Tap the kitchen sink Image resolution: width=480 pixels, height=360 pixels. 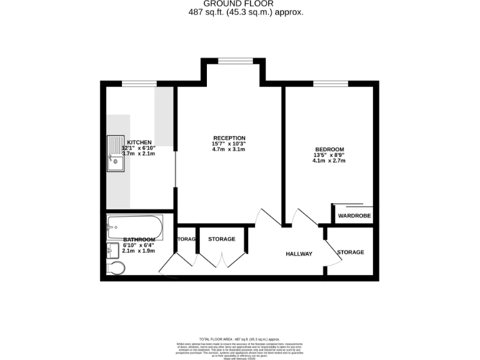[115, 154]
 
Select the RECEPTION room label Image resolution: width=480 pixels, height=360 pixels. [229, 138]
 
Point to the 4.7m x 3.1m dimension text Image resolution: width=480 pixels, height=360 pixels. [229, 149]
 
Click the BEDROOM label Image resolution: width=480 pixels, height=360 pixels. [329, 149]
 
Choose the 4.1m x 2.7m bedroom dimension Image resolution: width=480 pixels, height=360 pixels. [329, 161]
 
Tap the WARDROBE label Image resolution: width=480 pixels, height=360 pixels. [354, 216]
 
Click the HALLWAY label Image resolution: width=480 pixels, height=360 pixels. [299, 254]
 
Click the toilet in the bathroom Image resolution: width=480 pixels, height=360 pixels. [116, 268]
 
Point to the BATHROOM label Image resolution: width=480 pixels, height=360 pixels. [139, 239]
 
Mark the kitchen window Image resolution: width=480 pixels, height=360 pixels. [139, 84]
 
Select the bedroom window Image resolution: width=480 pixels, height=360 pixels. [331, 84]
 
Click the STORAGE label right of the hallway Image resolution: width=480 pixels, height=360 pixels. [350, 252]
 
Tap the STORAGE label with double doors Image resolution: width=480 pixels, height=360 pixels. [221, 239]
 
